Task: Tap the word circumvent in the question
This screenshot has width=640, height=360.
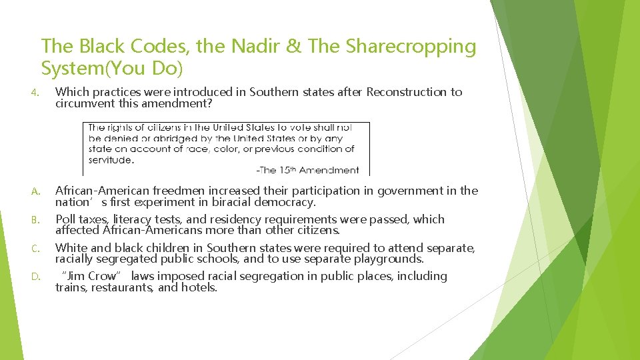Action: tap(85, 103)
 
